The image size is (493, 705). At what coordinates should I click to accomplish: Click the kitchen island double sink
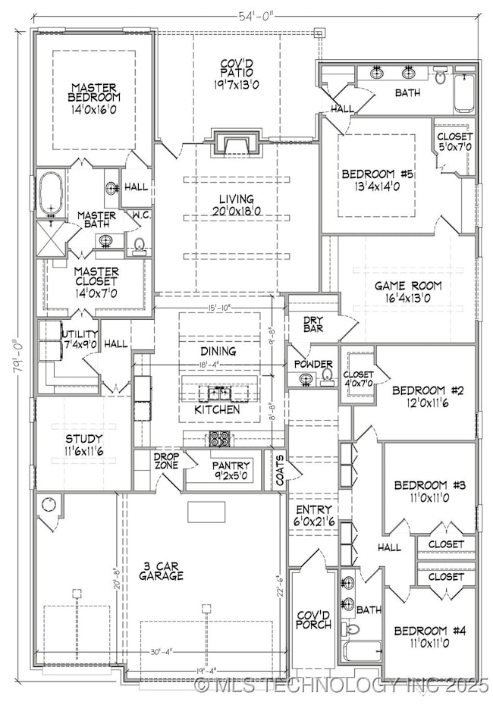216,393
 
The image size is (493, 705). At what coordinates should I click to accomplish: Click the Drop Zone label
165,461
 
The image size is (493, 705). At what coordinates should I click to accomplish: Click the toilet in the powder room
328,374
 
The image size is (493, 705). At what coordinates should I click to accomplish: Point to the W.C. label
140,214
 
